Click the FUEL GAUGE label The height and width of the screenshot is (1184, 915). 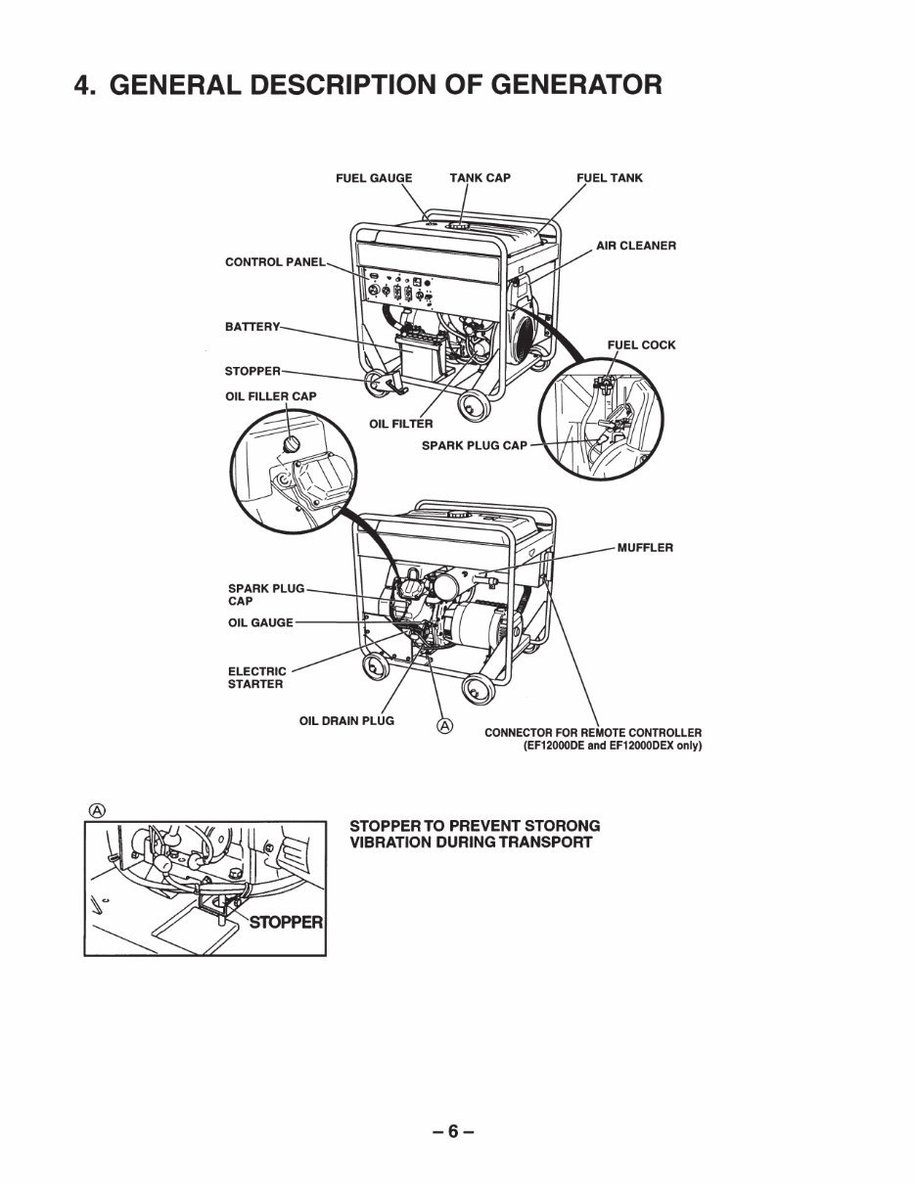point(374,178)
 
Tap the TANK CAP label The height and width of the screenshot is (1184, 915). point(480,178)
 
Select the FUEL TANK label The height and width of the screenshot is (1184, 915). point(609,178)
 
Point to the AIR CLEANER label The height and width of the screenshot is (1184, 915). point(636,246)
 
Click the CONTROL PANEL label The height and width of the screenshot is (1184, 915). point(275,262)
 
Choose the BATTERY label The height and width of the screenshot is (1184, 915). point(252,326)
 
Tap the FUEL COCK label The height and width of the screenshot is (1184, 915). point(641,345)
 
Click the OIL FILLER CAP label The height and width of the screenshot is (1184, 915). point(271,396)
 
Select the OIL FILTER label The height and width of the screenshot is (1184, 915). point(400,424)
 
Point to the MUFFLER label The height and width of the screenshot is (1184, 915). point(645,548)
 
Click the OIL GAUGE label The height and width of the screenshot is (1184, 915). point(260,623)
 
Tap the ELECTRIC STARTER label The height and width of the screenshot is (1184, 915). point(257,678)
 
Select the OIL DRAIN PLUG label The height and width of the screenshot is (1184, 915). point(346,721)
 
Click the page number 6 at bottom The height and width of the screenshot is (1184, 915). point(453,1132)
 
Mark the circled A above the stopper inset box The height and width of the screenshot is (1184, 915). point(96,809)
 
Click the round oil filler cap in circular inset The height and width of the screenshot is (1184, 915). point(291,445)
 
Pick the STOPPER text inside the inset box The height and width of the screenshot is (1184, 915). point(286,922)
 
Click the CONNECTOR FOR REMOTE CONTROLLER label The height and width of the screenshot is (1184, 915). point(593,733)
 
